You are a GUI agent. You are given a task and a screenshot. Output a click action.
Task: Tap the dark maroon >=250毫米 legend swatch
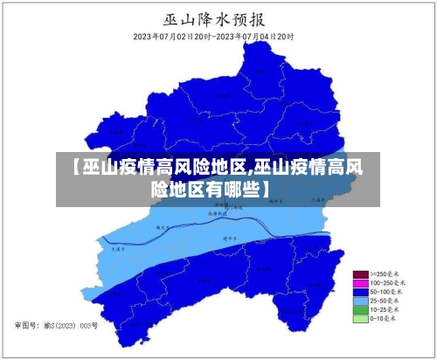(x=359, y=274)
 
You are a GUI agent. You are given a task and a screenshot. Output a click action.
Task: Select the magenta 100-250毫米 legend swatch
(x=359, y=283)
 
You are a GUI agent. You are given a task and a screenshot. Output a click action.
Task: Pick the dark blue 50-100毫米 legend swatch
(x=359, y=292)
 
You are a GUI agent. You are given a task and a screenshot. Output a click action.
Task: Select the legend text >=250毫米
(x=385, y=274)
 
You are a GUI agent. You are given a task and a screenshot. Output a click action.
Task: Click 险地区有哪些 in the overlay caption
(x=206, y=188)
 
